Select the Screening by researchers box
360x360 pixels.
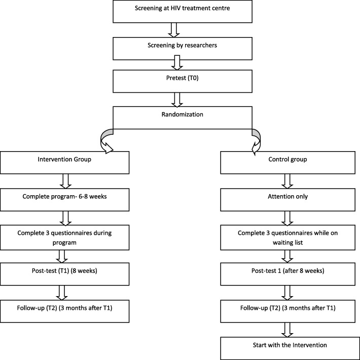point(180,48)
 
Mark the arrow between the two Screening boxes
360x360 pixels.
point(180,30)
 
